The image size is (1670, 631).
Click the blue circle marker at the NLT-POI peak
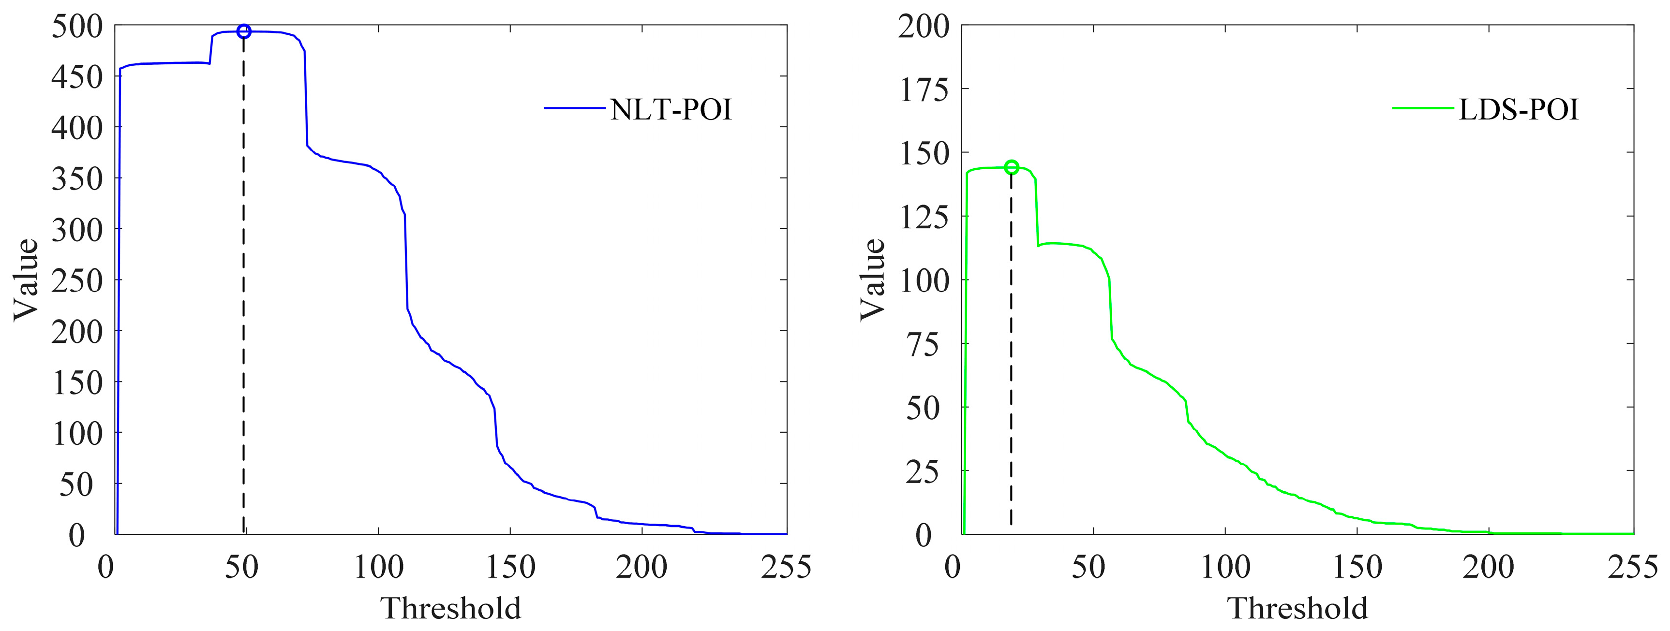(244, 31)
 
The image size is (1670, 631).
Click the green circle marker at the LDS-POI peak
(1011, 167)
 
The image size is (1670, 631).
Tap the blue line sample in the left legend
(574, 109)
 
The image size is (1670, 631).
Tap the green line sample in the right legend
(1423, 109)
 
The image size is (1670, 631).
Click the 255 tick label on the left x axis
(786, 568)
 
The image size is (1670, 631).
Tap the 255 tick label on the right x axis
(1632, 568)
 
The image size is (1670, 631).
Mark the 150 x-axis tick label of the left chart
(511, 568)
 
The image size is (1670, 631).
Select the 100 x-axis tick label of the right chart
(1226, 568)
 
